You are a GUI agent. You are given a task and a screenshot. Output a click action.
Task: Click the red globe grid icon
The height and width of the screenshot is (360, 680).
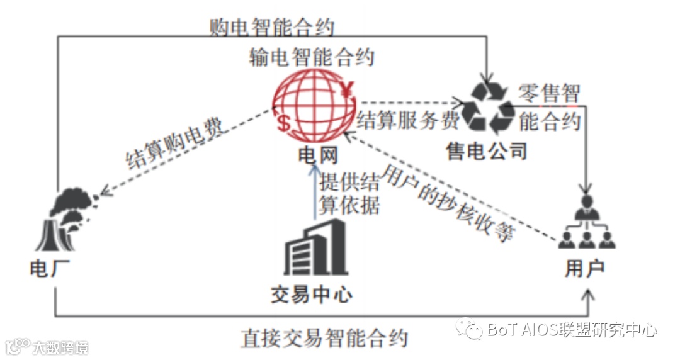point(313,106)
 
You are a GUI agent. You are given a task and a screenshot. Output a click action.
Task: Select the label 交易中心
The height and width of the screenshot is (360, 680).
point(311,295)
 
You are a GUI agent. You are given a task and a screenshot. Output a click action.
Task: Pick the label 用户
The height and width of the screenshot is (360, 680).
point(585,269)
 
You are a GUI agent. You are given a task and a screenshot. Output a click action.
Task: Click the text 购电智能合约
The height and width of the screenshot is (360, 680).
point(272,27)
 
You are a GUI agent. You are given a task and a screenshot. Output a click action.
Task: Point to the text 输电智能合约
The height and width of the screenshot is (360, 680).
point(312,57)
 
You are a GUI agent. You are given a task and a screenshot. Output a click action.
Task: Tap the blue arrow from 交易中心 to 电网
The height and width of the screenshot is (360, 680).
point(314,192)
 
